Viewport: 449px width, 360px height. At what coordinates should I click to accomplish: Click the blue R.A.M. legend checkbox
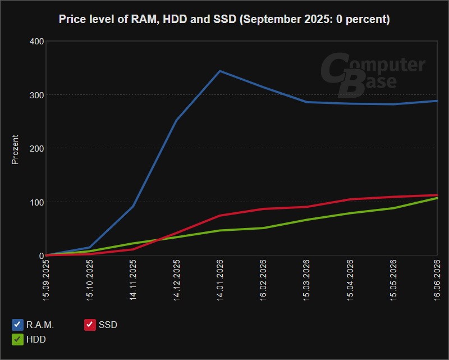coord(17,325)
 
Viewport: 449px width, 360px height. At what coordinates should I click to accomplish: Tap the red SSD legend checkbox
coord(90,325)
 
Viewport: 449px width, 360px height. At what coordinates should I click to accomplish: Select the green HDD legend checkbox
coord(17,339)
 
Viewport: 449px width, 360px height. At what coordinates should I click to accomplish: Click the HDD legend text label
coord(36,339)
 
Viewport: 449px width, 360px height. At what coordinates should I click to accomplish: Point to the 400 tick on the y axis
coord(36,42)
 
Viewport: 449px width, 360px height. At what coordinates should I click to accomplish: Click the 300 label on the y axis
coord(36,95)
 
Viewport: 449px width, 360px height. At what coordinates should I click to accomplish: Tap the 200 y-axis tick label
coord(36,148)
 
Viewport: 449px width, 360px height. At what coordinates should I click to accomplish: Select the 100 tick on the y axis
coord(36,202)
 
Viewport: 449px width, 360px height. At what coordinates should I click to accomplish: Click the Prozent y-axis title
coord(15,149)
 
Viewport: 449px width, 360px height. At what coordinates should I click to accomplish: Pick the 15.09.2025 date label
coord(46,280)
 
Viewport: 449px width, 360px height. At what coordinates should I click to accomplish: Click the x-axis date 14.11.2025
coord(133,280)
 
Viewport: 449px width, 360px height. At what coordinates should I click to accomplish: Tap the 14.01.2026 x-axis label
coord(220,280)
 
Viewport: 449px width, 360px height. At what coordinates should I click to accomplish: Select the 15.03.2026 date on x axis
coord(306,280)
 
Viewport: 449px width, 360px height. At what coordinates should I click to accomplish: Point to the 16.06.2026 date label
coord(437,280)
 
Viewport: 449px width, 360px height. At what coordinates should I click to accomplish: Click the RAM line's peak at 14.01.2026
coord(220,71)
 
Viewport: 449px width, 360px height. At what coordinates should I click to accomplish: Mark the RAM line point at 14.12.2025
coord(176,120)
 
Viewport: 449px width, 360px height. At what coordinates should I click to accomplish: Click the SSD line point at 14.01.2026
coord(220,215)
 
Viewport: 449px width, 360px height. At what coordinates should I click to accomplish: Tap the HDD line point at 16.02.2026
coord(263,228)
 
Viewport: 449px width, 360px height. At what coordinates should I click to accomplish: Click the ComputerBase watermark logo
coord(372,75)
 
